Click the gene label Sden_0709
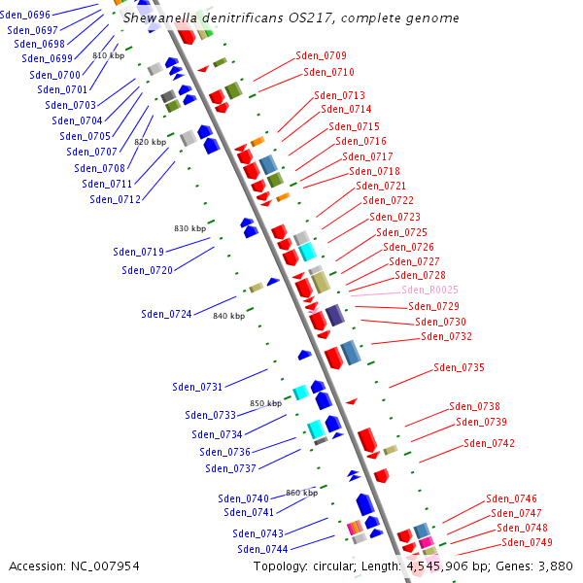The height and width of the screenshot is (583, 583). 321,55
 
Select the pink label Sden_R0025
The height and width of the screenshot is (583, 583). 429,290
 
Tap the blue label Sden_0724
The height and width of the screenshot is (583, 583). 166,314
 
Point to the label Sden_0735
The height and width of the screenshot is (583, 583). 459,367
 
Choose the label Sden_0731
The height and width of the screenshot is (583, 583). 197,387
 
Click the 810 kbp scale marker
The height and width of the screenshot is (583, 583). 108,56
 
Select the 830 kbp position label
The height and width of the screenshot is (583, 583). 189,228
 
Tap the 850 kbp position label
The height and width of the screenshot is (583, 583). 265,403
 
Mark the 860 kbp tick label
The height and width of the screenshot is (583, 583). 301,493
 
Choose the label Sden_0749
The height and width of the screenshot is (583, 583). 527,542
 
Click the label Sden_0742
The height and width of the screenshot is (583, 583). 489,443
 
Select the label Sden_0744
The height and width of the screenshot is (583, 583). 262,549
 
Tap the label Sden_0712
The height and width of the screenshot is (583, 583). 115,199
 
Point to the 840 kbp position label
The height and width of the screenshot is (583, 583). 228,316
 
